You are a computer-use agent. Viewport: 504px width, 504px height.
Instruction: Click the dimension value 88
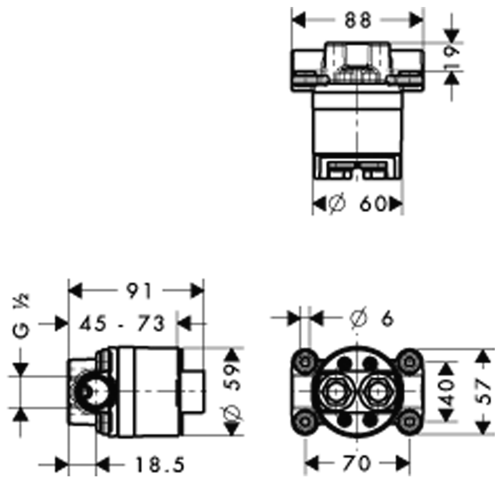tap(357, 20)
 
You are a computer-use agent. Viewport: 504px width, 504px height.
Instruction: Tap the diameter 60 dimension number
tap(373, 204)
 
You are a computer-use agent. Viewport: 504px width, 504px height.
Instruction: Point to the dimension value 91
tap(139, 290)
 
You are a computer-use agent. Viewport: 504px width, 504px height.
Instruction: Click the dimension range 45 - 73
tap(122, 323)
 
